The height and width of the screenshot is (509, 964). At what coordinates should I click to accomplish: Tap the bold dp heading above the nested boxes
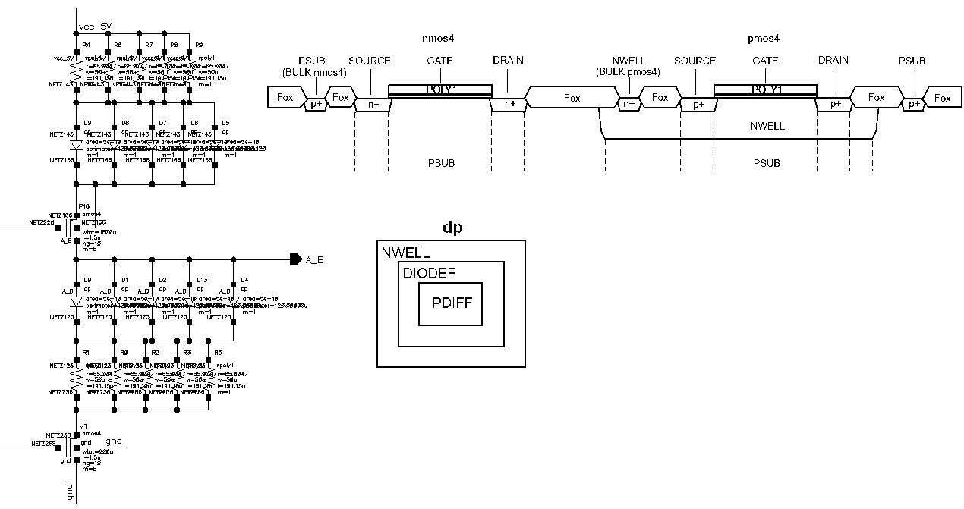[x=452, y=228]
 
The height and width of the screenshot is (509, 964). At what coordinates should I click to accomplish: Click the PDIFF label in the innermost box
[x=452, y=303]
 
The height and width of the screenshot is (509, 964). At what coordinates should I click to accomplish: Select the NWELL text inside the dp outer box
[x=405, y=253]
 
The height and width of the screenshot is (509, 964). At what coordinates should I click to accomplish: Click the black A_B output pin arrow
[x=295, y=259]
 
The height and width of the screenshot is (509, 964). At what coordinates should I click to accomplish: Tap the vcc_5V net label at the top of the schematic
[x=95, y=27]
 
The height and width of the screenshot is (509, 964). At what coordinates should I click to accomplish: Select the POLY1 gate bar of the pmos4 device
[x=765, y=90]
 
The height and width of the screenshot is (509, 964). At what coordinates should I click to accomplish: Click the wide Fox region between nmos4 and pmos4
[x=572, y=98]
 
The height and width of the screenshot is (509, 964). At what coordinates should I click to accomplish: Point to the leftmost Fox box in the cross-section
[x=285, y=98]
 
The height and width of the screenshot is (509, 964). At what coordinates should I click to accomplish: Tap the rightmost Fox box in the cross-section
[x=942, y=98]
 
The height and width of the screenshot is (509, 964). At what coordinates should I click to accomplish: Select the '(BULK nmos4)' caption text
[x=313, y=73]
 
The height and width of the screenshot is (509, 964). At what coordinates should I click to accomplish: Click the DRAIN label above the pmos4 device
[x=833, y=60]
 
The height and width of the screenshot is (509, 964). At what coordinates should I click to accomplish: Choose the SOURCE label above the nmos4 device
[x=369, y=61]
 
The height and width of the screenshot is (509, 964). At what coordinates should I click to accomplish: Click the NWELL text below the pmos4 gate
[x=767, y=126]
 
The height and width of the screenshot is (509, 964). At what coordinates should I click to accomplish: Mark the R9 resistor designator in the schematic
[x=199, y=46]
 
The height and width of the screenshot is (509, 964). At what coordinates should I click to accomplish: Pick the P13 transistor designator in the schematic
[x=83, y=206]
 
